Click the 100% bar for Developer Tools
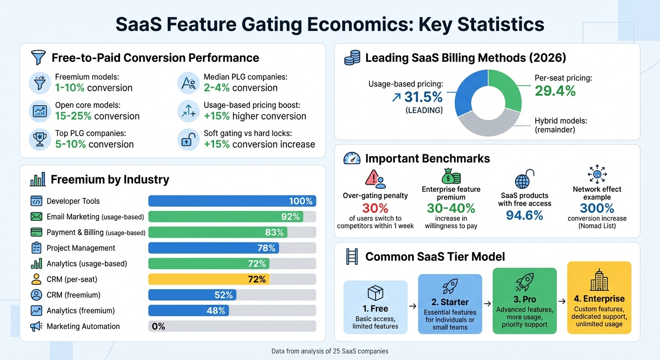232,201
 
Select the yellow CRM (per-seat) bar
209,279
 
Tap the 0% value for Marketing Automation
158,326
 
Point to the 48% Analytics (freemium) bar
188,311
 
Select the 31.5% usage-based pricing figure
417,97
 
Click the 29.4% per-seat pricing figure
555,91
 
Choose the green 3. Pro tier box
525,301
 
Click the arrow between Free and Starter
412,306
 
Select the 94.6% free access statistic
525,215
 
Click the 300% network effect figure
597,208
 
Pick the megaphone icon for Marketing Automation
36,327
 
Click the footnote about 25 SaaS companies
330,351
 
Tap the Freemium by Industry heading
110,180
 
